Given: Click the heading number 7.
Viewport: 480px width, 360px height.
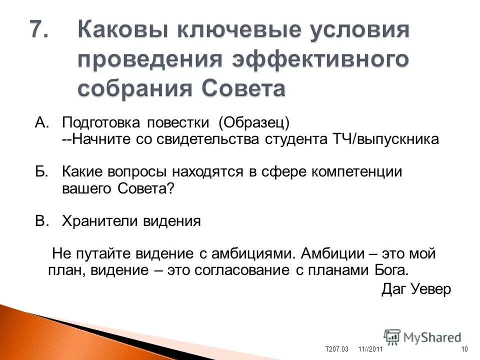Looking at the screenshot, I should coord(39,30).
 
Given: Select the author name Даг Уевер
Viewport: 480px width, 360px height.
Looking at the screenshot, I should coord(416,289).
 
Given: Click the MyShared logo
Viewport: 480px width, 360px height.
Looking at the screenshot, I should coord(423,336).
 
